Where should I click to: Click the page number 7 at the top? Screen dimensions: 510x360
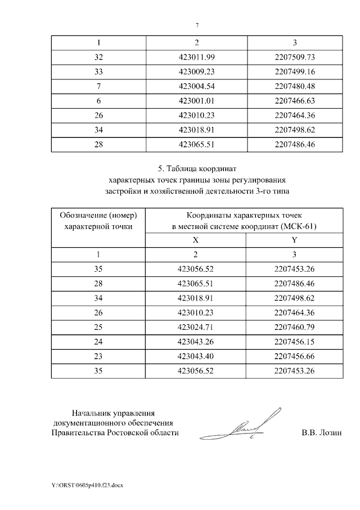coord(197,25)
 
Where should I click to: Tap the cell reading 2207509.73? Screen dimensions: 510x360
coord(295,57)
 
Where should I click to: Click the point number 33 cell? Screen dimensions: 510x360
coord(99,71)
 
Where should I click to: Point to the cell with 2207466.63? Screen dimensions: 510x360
coord(295,101)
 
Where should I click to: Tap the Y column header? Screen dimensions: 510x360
coord(295,239)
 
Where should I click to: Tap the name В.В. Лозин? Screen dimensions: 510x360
coord(321,433)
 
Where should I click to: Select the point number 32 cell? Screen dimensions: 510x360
coord(99,57)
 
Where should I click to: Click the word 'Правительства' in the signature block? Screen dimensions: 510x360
coord(77,433)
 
